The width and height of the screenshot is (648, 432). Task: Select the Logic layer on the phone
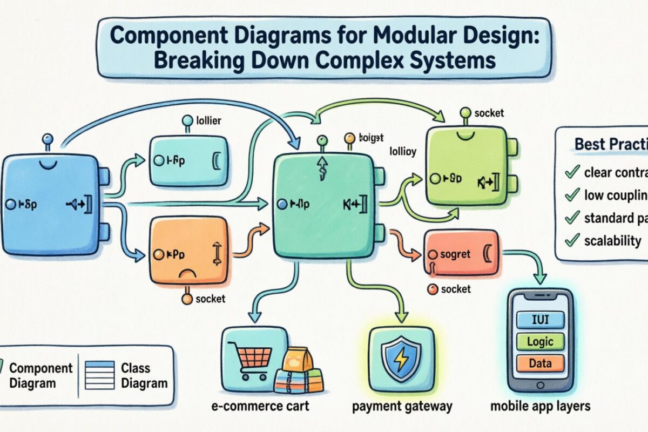pyautogui.click(x=540, y=341)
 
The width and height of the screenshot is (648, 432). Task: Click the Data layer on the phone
pyautogui.click(x=540, y=363)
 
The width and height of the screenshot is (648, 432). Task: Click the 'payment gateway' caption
pyautogui.click(x=402, y=406)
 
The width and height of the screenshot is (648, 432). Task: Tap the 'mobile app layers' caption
pyautogui.click(x=540, y=406)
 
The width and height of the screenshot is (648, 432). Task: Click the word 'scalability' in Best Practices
pyautogui.click(x=612, y=241)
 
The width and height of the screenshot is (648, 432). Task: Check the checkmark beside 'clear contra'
pyautogui.click(x=570, y=173)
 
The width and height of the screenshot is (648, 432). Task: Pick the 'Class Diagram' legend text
pyautogui.click(x=143, y=375)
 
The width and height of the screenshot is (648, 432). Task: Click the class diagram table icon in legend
pyautogui.click(x=100, y=375)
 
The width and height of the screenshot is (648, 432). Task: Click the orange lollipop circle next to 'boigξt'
pyautogui.click(x=350, y=138)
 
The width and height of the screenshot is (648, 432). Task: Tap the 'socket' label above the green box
pyautogui.click(x=488, y=113)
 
